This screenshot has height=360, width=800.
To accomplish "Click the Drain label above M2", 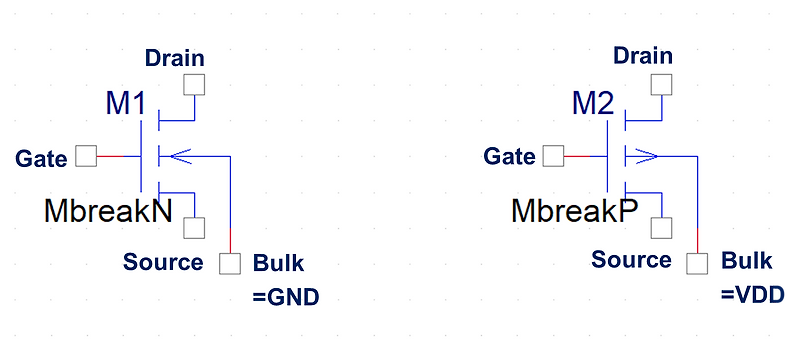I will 643,56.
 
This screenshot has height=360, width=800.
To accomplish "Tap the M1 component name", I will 126,104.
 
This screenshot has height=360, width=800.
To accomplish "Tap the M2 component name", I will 593,103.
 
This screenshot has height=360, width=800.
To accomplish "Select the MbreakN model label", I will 108,211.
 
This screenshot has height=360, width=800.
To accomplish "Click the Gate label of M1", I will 42,158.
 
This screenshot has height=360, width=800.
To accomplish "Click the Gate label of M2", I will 510,156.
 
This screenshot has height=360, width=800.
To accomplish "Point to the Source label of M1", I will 163,262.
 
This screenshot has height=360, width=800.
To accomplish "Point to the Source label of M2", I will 631,260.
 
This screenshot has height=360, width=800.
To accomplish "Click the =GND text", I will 286,297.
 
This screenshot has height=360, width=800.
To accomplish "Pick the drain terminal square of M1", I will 194,85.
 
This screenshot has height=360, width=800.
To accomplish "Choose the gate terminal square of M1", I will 87,156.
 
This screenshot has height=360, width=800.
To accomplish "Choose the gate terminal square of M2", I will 553,156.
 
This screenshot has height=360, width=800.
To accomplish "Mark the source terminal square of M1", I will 194,228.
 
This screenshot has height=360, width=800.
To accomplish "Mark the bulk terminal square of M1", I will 231,264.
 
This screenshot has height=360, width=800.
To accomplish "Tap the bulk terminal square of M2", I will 697,263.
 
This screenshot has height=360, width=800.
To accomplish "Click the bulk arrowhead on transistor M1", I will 166,156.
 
